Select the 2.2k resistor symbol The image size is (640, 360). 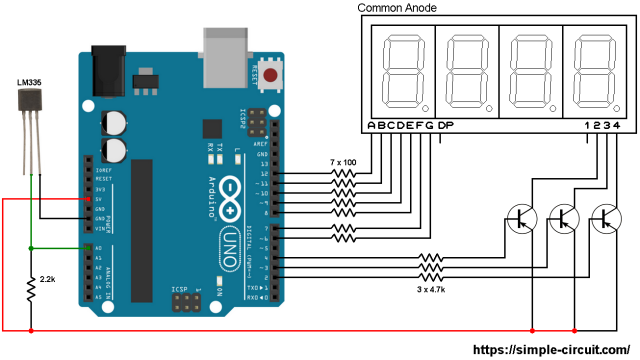tap(31, 290)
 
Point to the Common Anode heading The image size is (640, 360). tap(397, 9)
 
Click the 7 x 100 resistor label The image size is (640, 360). tap(344, 161)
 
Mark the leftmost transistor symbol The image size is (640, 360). tap(521, 219)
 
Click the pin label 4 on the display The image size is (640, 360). tap(617, 125)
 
